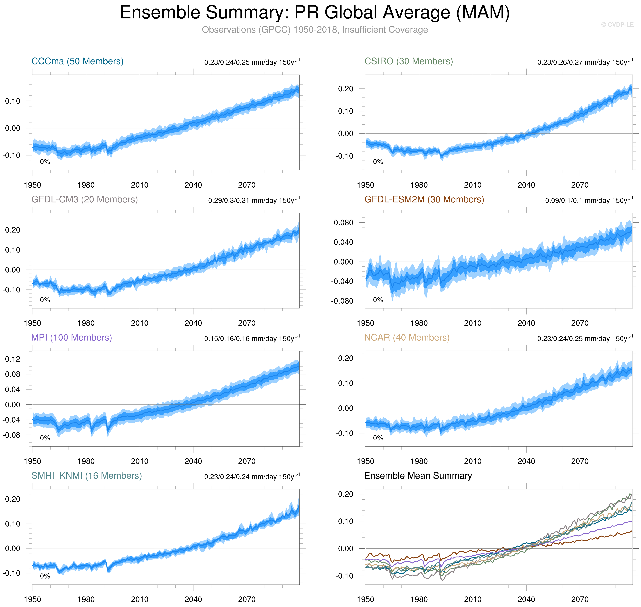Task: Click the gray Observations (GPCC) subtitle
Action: point(315,30)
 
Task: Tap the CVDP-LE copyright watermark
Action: point(617,25)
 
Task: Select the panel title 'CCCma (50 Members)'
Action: point(77,61)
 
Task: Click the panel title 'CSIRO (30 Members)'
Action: point(409,61)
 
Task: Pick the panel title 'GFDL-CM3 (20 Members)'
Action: point(85,199)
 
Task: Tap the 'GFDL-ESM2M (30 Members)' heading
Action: point(424,199)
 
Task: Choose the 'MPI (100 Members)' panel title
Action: point(72,337)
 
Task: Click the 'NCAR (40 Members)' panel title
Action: point(407,337)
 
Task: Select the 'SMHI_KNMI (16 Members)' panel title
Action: point(86,476)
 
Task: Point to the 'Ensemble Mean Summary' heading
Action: point(418,476)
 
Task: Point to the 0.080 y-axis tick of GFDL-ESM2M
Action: point(343,223)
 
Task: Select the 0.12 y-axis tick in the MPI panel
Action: point(13,359)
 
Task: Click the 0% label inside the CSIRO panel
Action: point(378,162)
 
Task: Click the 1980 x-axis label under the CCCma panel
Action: point(86,185)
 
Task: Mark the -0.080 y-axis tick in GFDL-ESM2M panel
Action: point(342,301)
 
